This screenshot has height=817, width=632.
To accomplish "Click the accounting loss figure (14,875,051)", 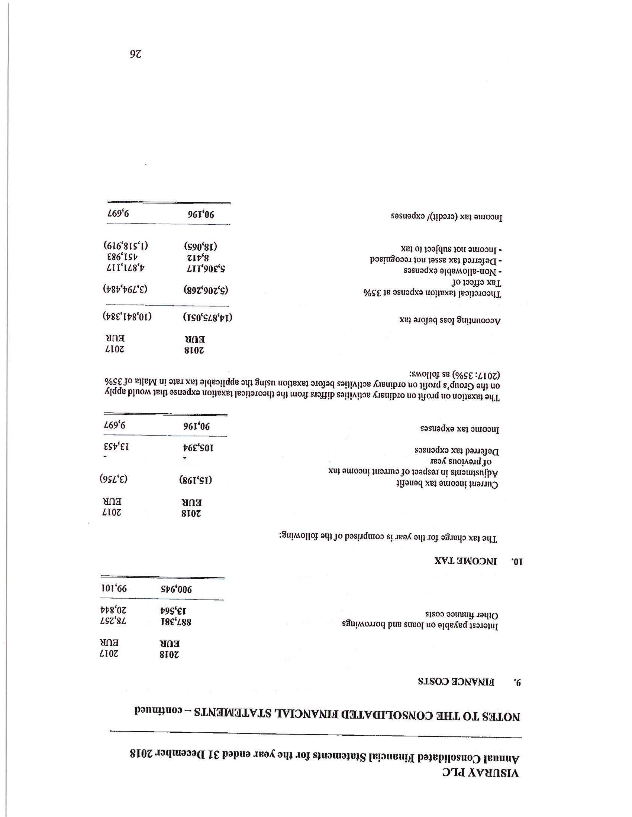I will [x=208, y=318].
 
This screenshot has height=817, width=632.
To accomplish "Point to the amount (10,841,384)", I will [x=127, y=316].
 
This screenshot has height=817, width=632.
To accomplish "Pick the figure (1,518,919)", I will [x=126, y=246].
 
